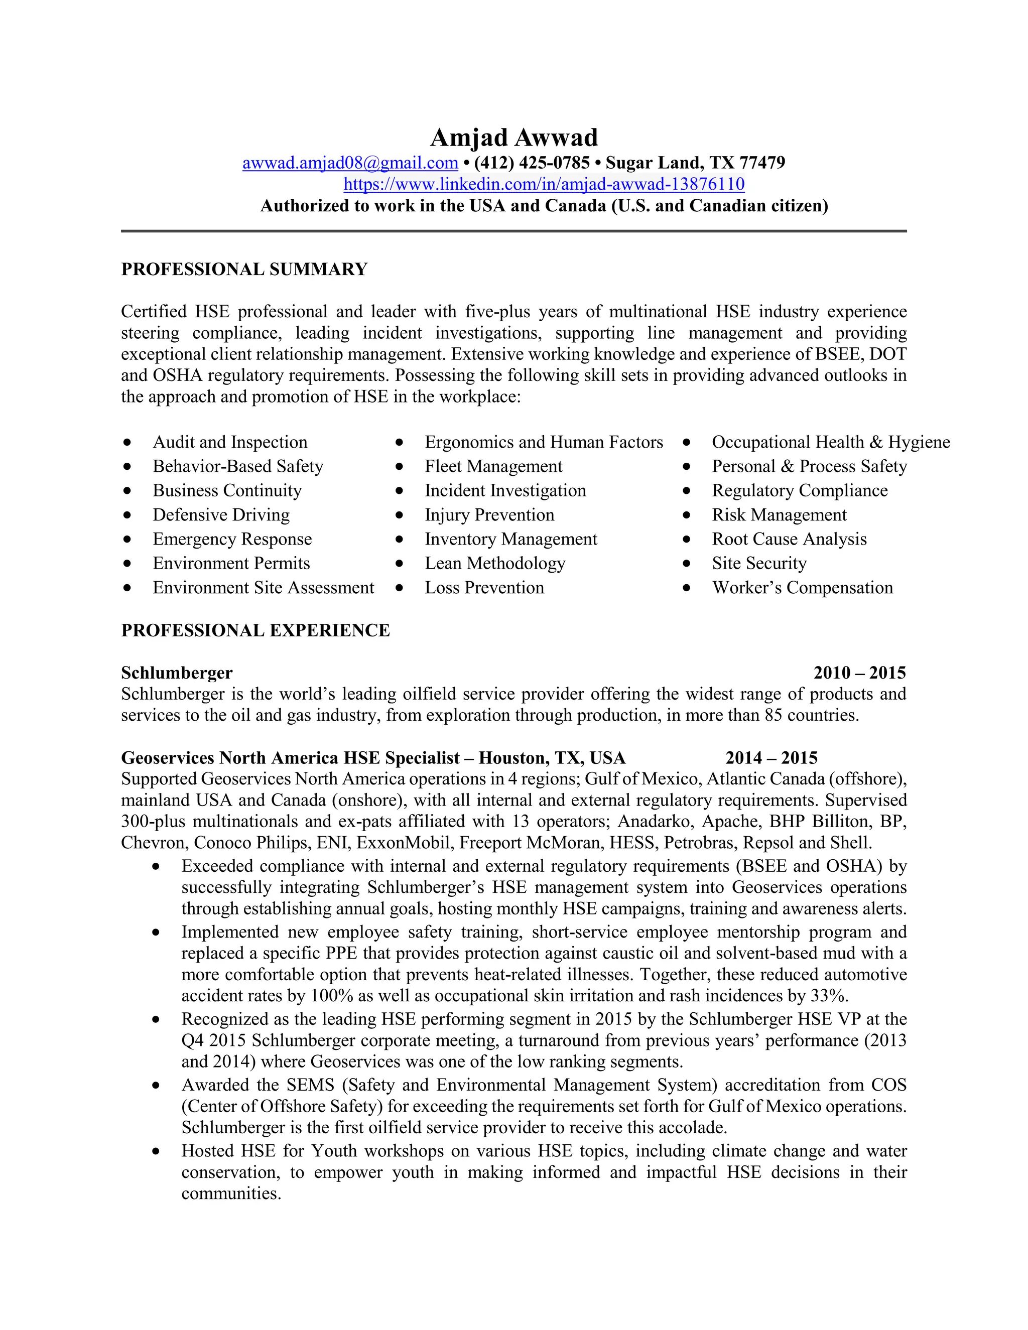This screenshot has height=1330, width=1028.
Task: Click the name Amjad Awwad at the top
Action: [513, 138]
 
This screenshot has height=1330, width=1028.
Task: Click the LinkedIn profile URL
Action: [543, 184]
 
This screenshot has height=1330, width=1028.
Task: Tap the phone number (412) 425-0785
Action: [531, 163]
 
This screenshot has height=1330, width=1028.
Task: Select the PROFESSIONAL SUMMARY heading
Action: [244, 269]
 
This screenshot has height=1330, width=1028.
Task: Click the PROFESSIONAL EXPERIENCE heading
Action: [255, 630]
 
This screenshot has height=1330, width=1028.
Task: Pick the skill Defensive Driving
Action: [221, 514]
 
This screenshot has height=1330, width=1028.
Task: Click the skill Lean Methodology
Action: [494, 563]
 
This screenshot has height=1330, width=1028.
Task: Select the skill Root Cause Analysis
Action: [789, 539]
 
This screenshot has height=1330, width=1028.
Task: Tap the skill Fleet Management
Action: [493, 466]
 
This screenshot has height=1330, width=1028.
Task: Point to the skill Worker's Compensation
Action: [802, 588]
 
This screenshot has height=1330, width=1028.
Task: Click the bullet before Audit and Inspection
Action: [126, 442]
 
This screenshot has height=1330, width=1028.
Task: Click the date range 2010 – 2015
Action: [859, 673]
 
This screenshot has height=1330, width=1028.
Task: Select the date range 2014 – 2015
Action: [771, 758]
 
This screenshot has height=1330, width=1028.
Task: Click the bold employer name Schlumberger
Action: [177, 673]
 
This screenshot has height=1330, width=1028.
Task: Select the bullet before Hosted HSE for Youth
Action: [157, 1151]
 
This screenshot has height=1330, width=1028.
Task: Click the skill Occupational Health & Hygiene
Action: [830, 442]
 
